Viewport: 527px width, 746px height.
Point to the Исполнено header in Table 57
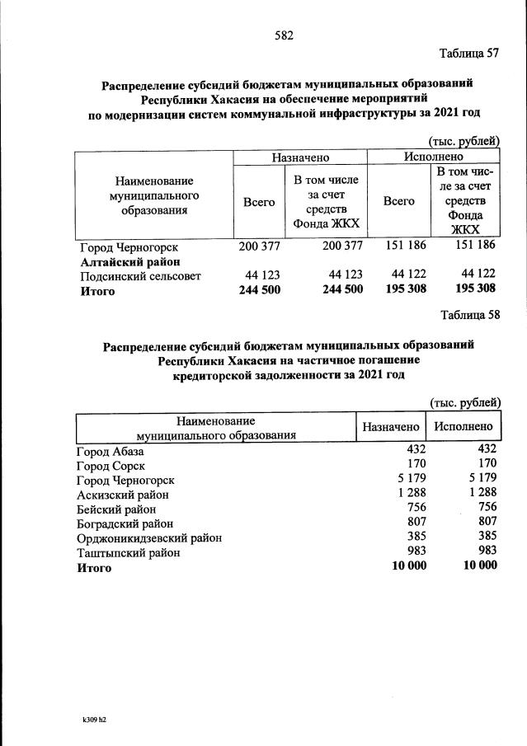434,157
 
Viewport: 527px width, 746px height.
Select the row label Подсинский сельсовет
139,275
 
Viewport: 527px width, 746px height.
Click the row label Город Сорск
111,467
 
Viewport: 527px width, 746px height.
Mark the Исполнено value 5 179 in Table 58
478,481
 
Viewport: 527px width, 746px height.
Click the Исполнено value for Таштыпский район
483,552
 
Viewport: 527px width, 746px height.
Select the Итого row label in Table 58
94,567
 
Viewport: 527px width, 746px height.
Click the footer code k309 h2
90,719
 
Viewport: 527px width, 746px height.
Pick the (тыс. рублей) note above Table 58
464,402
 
